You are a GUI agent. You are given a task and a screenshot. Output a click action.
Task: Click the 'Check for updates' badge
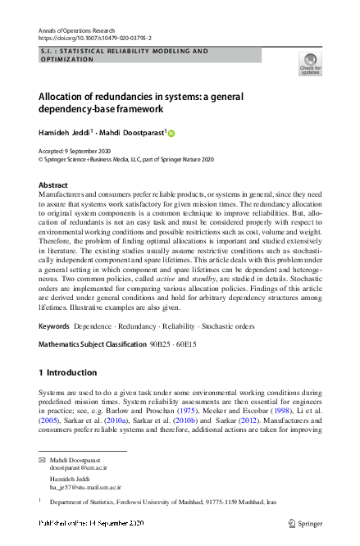[311, 64]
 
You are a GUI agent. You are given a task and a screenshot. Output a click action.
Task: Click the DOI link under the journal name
[94, 38]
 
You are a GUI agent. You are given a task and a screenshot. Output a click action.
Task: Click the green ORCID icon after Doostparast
[172, 133]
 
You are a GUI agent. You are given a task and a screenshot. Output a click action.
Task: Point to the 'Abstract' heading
[53, 185]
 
